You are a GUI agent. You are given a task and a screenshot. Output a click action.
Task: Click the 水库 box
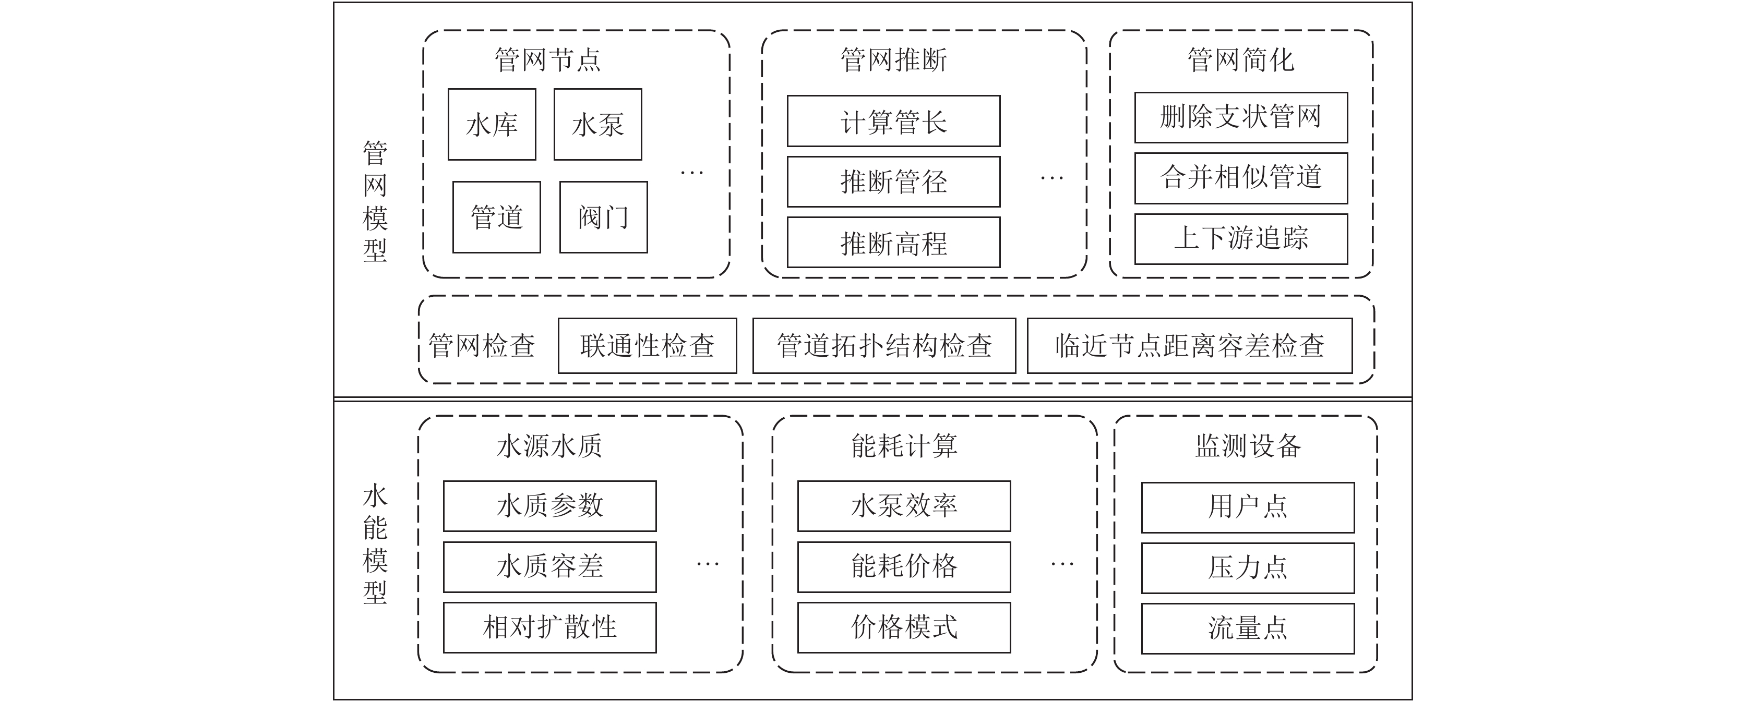pos(492,125)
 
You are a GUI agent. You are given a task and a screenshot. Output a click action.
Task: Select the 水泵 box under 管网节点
pos(598,125)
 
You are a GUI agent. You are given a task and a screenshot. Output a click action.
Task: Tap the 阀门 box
pos(603,217)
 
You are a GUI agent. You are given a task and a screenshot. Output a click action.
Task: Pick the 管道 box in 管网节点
pos(497,217)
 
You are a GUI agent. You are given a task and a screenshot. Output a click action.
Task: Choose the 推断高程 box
pos(893,243)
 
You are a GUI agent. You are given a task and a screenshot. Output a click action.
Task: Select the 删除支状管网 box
pos(1241,118)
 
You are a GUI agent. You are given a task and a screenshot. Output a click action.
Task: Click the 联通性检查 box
pos(647,346)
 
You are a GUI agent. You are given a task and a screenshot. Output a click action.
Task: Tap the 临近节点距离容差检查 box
pos(1190,346)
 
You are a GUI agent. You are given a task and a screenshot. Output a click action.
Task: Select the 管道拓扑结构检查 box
pos(884,346)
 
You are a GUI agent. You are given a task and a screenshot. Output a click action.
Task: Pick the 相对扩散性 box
pos(549,627)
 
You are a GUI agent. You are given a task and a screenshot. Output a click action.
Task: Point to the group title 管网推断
pos(893,59)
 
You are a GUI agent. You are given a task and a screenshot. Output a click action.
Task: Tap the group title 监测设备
pos(1248,446)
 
